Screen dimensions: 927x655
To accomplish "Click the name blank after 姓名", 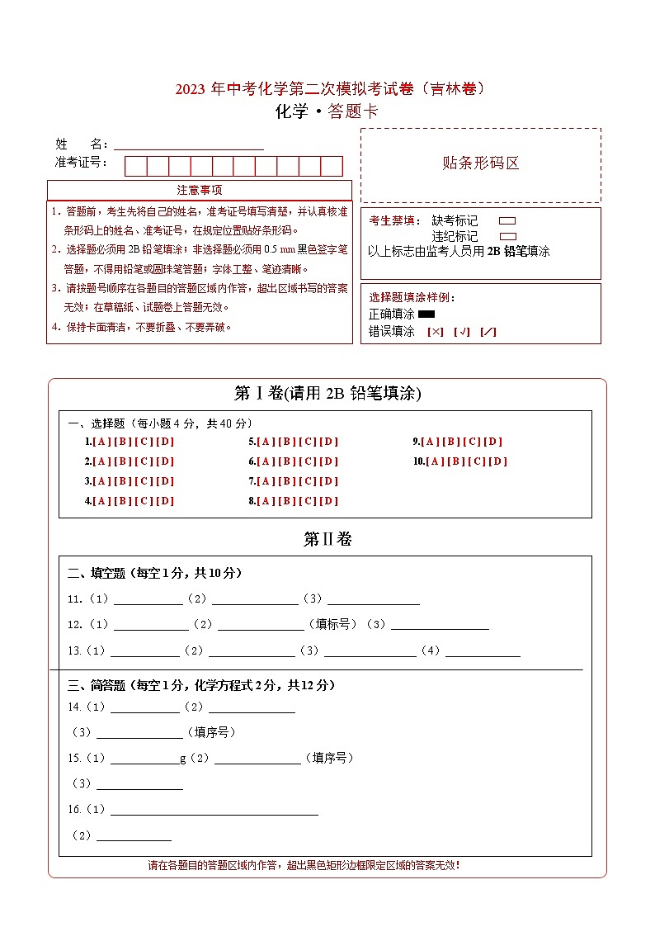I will point(188,144).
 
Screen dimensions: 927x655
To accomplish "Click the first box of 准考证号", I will point(136,166).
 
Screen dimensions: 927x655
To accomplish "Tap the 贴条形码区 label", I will point(481,163).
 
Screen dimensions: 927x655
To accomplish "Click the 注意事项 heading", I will point(199,190).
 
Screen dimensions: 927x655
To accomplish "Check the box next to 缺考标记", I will point(508,221).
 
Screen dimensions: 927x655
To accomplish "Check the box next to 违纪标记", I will point(508,236).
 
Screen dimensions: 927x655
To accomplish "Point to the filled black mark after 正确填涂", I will point(426,315).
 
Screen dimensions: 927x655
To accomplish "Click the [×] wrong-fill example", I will point(436,332).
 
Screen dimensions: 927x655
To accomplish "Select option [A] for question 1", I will point(101,442).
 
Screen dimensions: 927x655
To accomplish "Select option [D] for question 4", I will point(166,501).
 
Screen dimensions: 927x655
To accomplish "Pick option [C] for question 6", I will point(309,461).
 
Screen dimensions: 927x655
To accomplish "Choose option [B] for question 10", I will point(456,461).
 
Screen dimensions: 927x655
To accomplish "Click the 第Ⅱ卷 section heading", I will point(327,540).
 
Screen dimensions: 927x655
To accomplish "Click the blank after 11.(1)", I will point(148,600).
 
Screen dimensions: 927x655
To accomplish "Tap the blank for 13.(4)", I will point(483,651).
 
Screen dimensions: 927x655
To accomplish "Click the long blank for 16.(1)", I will point(214,810).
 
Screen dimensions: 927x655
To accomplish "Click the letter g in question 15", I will point(183,759).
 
